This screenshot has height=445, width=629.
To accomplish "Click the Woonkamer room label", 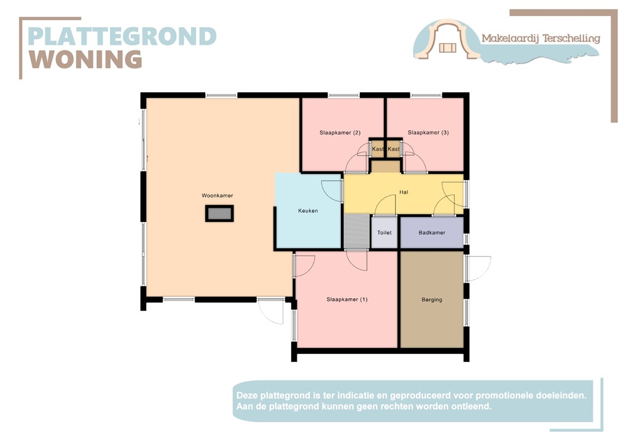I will [217, 195].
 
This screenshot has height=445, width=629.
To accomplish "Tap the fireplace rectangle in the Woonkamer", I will [219, 214].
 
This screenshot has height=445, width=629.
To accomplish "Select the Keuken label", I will [308, 211].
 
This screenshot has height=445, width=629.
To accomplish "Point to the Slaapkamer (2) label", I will [340, 133].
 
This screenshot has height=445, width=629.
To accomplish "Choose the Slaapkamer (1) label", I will [347, 300].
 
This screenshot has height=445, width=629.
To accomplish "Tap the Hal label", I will [404, 192].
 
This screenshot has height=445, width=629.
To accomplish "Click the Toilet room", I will [385, 233].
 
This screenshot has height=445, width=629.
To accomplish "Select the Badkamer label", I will [432, 233].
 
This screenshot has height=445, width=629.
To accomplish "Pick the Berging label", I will [432, 300].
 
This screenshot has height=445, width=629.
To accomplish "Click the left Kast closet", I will [378, 149].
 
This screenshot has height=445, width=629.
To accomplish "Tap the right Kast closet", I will [394, 149].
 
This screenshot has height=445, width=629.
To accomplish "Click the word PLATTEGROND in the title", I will [122, 36].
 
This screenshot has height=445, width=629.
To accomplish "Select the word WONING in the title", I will [86, 59].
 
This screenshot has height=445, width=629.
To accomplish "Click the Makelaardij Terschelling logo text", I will [541, 38].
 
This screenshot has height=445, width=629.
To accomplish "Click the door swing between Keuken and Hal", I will [332, 191].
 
